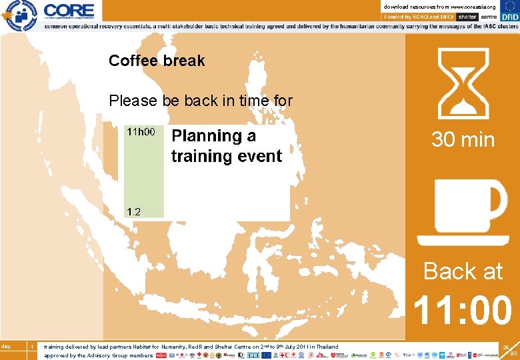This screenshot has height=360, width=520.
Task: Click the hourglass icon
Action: pos(463,83)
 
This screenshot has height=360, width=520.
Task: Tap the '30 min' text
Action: pos(463,139)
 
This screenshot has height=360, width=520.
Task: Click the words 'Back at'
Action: pos(463,271)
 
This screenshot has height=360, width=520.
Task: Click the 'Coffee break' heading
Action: pos(157,61)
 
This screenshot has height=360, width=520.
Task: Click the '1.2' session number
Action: pos(134,211)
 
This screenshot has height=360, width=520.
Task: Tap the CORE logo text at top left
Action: pos(69,10)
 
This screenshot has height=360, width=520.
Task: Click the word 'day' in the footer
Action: pos(6,346)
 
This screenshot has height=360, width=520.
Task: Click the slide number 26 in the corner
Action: pos(506,347)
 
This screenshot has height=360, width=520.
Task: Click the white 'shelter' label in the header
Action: pos(467,16)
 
